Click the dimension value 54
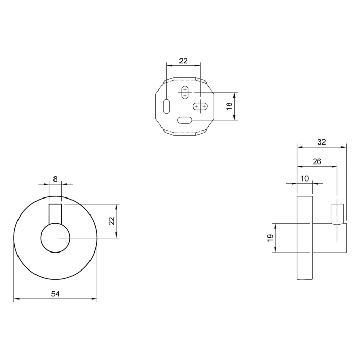pos(55,294)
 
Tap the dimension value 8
pos(55,179)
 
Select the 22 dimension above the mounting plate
pos(183,60)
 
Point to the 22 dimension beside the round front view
pos(111,221)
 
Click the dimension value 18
pos(229,106)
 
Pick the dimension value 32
pos(321,142)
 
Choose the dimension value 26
pos(317,161)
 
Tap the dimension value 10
pos(304,178)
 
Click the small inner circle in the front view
pos(55,238)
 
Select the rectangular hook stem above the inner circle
pos(55,214)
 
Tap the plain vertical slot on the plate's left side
pos(166,105)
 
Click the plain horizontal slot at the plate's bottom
pos(184,120)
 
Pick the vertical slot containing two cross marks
pos(185,93)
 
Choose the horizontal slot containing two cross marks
pos(200,106)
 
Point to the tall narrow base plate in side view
pos(304,238)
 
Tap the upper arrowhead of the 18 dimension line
pos(235,95)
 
